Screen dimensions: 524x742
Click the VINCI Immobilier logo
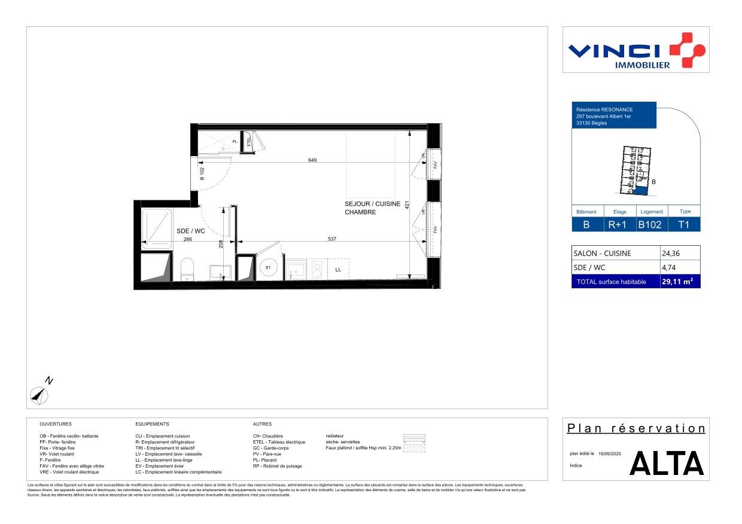[636, 50]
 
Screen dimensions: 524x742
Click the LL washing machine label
[338, 270]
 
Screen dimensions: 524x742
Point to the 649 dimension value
[312, 160]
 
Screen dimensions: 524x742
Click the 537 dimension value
[332, 239]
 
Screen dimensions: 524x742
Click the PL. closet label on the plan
[235, 142]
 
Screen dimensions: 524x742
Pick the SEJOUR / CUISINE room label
[372, 204]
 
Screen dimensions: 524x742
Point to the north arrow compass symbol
[39, 394]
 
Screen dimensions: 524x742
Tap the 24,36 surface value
[671, 253]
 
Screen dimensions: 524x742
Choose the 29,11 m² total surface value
[677, 281]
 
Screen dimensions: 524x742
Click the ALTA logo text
[667, 464]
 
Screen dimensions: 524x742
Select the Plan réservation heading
[636, 428]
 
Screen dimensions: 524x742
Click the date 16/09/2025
[610, 454]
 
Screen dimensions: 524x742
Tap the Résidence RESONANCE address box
[614, 116]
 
